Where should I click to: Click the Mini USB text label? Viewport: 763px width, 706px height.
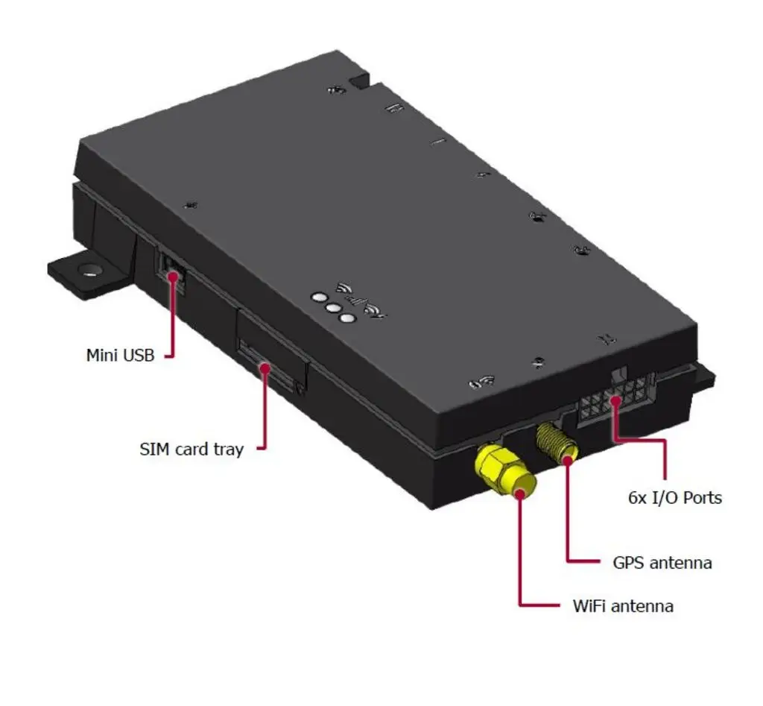pos(120,355)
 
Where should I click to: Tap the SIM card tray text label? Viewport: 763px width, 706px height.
pos(191,449)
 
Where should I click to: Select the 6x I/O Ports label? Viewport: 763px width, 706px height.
pos(675,497)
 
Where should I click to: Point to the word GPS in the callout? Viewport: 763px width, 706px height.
pos(629,562)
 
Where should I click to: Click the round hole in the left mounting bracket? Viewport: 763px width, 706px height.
pos(90,270)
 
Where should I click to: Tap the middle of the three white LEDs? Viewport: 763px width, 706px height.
pos(333,307)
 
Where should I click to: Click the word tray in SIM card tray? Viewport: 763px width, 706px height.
pos(227,450)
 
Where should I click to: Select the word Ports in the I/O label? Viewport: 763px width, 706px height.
pos(701,497)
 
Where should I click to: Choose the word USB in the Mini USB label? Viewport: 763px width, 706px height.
pos(139,355)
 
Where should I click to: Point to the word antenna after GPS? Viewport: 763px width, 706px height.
pos(681,562)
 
